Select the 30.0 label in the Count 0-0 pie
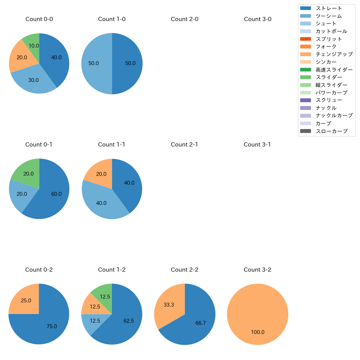(34, 80)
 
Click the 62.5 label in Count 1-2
(129, 321)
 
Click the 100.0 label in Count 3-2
(258, 332)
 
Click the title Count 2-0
(185, 19)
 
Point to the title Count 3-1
(257, 145)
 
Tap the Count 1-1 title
(112, 145)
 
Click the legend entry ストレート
(329, 8)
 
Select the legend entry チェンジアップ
(334, 54)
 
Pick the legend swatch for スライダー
(305, 77)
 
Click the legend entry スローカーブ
(331, 131)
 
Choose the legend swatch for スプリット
(305, 39)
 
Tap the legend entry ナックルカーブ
(334, 116)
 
